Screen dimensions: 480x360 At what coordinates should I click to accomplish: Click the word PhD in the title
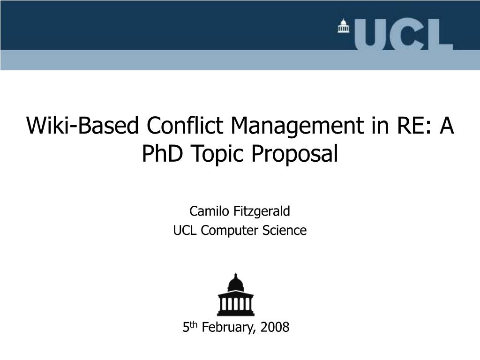coord(163,153)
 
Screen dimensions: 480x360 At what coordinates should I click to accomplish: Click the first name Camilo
coord(209,211)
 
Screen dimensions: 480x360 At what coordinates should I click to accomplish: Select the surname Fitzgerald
coord(262,211)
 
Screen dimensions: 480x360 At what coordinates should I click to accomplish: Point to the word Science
coord(284,230)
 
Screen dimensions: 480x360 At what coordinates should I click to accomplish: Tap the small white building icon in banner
coord(344,26)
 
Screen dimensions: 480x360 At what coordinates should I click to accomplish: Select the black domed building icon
coord(236,294)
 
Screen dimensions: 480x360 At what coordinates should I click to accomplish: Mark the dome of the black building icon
coord(236,283)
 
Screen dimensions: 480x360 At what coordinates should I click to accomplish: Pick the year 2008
coord(275,327)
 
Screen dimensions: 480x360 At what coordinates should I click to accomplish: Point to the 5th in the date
coord(190,327)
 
